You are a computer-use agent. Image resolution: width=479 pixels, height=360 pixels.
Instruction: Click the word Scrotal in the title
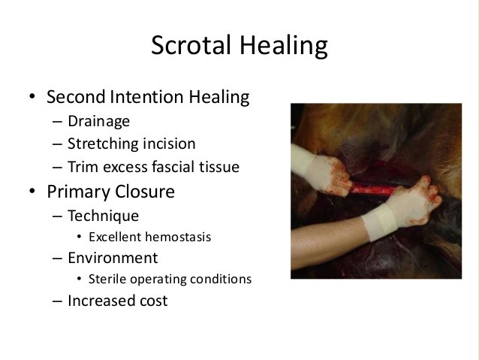(x=191, y=45)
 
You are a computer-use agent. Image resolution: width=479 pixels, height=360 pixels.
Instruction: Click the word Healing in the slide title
(x=284, y=47)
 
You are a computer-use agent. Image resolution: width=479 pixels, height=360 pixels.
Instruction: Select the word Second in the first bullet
(x=77, y=97)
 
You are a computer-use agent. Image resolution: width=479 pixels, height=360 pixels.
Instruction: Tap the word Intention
(x=147, y=97)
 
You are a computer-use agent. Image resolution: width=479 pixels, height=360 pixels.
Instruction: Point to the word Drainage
(x=98, y=122)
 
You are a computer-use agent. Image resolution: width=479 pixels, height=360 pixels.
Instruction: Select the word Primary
(x=79, y=192)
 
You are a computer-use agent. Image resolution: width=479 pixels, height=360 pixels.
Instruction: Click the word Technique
(x=104, y=216)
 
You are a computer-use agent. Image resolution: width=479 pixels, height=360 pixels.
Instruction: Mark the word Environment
(x=113, y=258)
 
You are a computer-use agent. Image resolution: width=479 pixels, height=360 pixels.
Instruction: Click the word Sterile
(x=107, y=279)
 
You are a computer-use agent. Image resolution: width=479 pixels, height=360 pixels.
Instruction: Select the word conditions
(x=221, y=279)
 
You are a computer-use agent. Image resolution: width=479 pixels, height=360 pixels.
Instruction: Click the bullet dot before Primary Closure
(x=32, y=191)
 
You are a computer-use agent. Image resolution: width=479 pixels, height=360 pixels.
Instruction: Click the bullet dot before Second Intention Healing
(x=32, y=96)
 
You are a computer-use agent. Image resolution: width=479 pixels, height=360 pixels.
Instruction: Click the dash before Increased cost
(x=57, y=301)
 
